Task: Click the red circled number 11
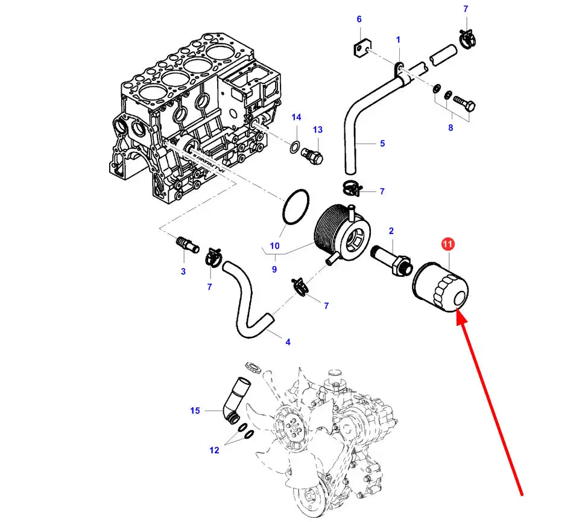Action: point(448,244)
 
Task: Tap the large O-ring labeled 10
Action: point(296,207)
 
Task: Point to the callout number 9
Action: point(274,269)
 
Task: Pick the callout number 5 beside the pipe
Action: point(382,143)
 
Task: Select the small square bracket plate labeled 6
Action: point(362,49)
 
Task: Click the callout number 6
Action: point(359,19)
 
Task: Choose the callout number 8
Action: point(451,128)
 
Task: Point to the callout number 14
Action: point(296,117)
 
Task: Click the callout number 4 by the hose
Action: point(288,342)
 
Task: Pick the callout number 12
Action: point(214,450)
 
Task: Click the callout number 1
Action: point(398,39)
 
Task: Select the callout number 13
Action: point(318,130)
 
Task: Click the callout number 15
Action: point(195,410)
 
